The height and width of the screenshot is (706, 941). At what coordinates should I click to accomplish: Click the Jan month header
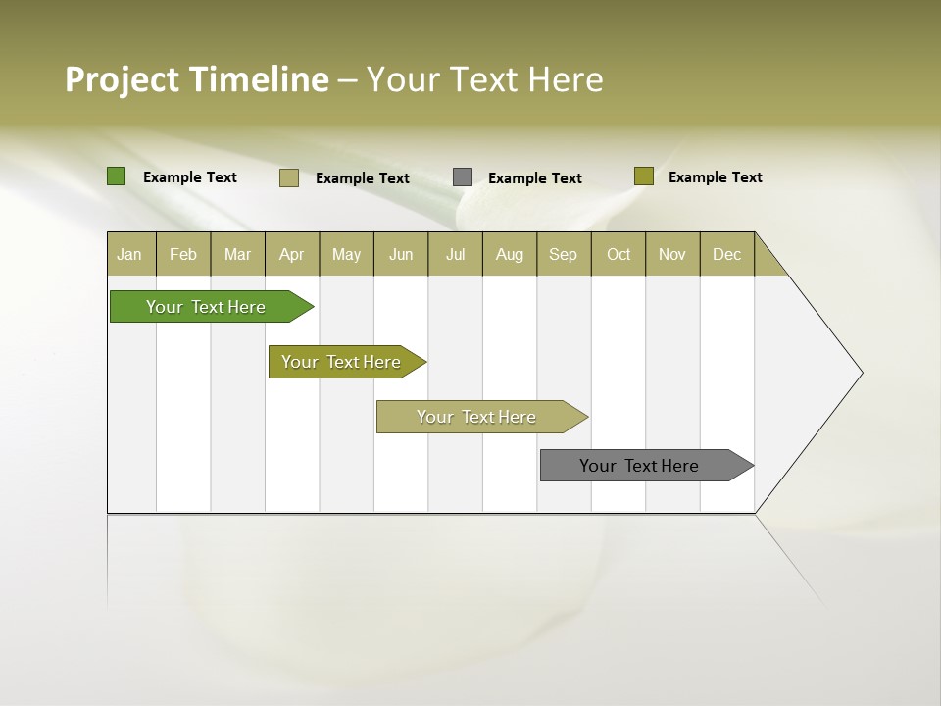pyautogui.click(x=130, y=254)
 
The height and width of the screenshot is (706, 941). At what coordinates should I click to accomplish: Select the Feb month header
pyautogui.click(x=183, y=254)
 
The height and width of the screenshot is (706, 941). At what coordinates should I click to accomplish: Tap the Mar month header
pyautogui.click(x=237, y=254)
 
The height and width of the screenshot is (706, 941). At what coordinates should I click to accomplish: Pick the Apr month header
pyautogui.click(x=292, y=254)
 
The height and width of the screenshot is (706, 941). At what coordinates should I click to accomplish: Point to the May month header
pyautogui.click(x=346, y=254)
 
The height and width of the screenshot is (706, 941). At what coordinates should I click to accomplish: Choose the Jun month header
pyautogui.click(x=401, y=254)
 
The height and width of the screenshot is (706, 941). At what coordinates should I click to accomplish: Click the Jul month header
pyautogui.click(x=455, y=254)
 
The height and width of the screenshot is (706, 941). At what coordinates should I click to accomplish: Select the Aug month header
pyautogui.click(x=510, y=254)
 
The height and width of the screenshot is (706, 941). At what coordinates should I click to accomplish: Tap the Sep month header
pyautogui.click(x=564, y=254)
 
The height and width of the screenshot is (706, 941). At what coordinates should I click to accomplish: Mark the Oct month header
pyautogui.click(x=619, y=254)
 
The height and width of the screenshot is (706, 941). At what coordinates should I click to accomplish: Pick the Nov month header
pyautogui.click(x=672, y=254)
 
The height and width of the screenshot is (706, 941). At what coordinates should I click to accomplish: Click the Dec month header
pyautogui.click(x=727, y=254)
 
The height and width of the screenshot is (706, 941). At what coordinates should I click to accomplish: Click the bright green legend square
pyautogui.click(x=117, y=176)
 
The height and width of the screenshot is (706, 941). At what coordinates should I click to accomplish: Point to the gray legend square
pyautogui.click(x=463, y=177)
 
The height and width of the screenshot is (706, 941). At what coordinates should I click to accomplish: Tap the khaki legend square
pyautogui.click(x=289, y=177)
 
